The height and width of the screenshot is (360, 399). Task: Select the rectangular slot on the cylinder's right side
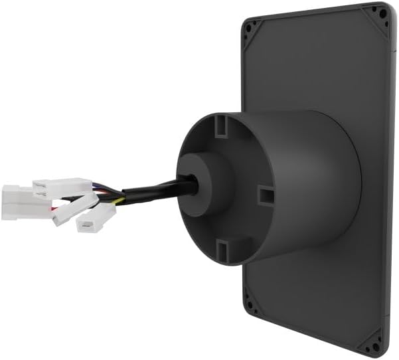(x=265, y=195)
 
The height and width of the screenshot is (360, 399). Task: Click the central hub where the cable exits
(x=202, y=182)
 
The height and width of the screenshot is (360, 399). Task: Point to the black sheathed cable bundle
(x=153, y=191)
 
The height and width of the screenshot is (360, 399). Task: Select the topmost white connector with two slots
(x=61, y=187)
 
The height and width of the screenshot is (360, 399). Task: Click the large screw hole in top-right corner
(x=382, y=13)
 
